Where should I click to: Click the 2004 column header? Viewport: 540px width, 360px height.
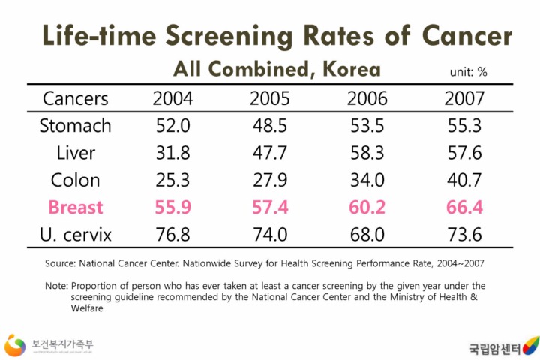click(172, 98)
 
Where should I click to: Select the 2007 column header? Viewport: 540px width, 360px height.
click(463, 98)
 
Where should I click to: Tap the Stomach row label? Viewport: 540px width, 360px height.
click(75, 125)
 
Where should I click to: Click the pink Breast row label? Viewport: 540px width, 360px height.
click(75, 207)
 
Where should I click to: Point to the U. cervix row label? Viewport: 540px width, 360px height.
click(75, 235)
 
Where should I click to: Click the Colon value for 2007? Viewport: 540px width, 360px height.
click(463, 180)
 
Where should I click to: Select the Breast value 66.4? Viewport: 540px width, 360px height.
click(463, 207)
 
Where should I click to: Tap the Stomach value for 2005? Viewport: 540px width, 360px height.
click(268, 125)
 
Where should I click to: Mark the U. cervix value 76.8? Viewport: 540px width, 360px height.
click(172, 235)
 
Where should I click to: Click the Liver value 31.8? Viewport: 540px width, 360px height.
click(172, 153)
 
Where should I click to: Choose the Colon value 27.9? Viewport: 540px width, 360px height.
click(268, 180)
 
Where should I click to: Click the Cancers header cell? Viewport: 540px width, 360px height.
click(75, 98)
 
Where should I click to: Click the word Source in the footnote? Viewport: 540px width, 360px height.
click(61, 263)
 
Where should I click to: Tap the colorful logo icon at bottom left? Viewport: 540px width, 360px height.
click(15, 345)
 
